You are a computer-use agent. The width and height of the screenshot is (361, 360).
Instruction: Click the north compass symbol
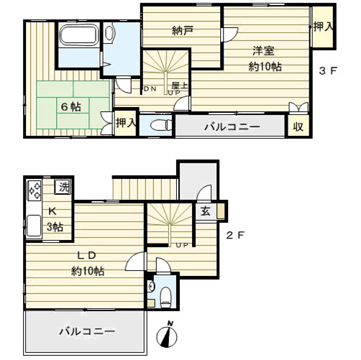point(167,336)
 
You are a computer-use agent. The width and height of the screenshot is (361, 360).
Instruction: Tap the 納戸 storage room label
point(183,31)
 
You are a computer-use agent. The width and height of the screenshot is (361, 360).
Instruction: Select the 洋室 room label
point(264,51)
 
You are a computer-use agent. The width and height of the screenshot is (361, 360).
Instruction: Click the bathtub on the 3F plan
point(78,35)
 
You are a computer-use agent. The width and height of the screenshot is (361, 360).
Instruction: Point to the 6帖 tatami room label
point(71,107)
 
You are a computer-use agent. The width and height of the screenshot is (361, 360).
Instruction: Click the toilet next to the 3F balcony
point(160,125)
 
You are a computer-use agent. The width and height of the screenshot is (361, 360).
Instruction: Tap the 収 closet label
point(298,126)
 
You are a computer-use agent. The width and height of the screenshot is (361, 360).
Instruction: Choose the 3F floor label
point(328,70)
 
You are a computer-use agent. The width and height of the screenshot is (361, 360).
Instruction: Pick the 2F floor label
point(235,236)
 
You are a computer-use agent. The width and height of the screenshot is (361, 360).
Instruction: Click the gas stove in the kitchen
point(35,190)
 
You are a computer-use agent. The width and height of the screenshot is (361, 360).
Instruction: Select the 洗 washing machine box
point(63,187)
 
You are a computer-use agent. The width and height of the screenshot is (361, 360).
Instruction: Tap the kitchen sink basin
point(34,226)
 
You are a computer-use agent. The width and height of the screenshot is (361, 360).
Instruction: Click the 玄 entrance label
point(205,211)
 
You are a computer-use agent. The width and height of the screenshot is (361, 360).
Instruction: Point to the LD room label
point(87,256)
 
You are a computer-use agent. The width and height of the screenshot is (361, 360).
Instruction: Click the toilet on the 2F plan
point(165,297)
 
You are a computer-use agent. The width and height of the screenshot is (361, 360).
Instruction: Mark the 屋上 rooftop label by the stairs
point(180,86)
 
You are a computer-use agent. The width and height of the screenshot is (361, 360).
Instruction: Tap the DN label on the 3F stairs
point(150,89)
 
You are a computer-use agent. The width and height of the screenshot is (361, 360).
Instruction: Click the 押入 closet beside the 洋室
point(323,27)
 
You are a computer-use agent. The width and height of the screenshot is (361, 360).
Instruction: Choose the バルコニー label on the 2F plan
point(87,332)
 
